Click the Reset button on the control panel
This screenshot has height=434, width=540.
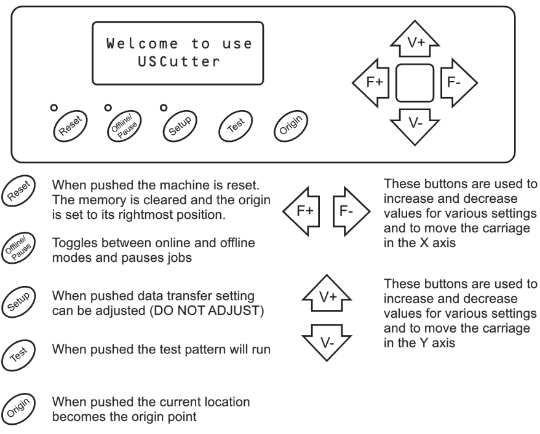point(70,126)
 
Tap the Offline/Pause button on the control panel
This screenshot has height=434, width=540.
point(124,126)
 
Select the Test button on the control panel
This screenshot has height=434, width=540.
point(236,126)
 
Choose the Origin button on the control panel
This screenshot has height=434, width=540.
point(291,126)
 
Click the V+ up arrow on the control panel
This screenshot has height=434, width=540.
point(415,39)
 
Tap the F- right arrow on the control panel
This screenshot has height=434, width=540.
point(458,82)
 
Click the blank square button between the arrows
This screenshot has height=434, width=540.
point(415,83)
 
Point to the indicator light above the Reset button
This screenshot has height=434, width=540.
point(54,108)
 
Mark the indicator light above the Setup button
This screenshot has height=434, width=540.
point(164,108)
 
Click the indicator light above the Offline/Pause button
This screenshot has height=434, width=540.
point(108,108)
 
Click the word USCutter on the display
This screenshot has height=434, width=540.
point(178,62)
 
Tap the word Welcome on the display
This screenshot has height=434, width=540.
point(142,44)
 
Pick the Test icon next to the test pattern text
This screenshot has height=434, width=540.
point(18,355)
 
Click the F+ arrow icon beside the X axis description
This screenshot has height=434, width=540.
point(301,211)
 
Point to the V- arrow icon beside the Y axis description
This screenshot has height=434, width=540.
point(327,343)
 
